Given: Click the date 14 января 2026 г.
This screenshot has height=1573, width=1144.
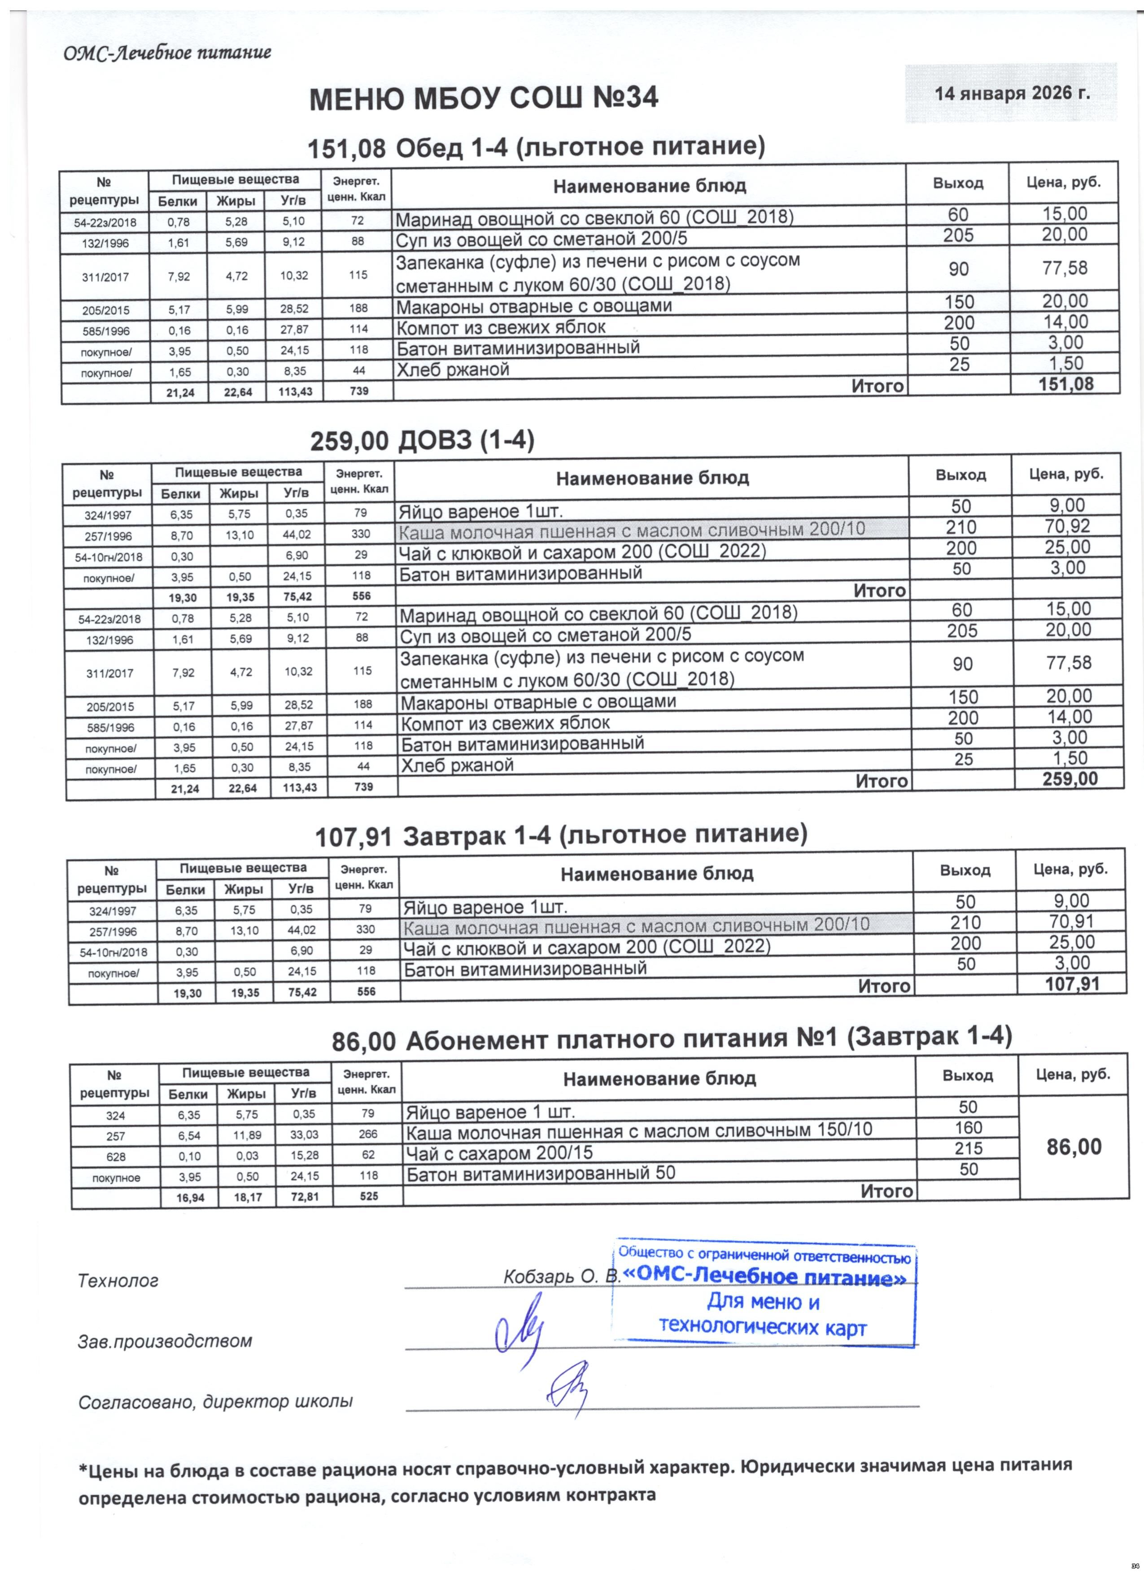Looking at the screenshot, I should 1012,93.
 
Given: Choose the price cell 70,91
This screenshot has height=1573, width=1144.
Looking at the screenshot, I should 1071,922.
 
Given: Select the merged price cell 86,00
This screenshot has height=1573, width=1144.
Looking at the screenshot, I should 1073,1147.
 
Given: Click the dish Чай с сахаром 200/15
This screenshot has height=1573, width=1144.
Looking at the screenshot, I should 499,1153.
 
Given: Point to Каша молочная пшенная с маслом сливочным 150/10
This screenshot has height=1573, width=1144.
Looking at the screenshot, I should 638,1132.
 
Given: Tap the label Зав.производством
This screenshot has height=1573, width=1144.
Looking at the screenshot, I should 164,1341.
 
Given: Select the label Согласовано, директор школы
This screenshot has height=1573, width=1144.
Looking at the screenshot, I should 215,1402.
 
